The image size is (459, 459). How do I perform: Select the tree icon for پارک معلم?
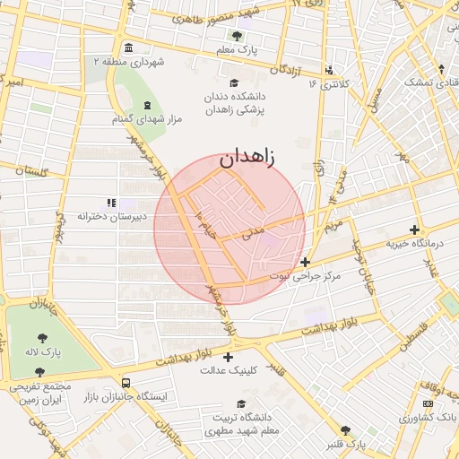tap(237, 36)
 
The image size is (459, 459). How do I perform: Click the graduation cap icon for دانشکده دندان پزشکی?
tap(233, 83)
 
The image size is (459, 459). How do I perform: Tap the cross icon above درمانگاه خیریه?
tap(414, 229)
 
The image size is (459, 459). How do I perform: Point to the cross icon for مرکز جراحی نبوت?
tap(306, 263)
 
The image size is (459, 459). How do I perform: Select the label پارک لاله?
tap(44, 351)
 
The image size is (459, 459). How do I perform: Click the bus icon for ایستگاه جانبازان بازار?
tap(126, 382)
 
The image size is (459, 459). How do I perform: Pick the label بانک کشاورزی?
tap(418, 418)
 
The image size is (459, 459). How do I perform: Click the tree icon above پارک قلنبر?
tap(346, 431)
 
